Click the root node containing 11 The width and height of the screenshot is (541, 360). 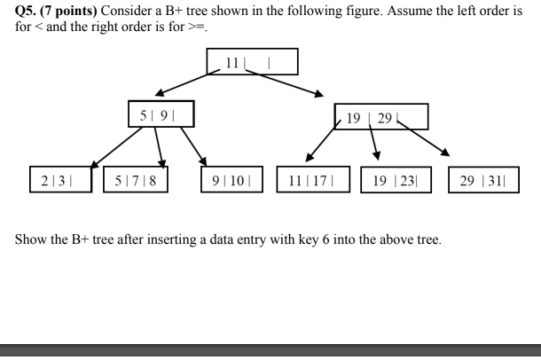tap(252, 62)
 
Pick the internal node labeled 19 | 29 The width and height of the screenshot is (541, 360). tap(381, 116)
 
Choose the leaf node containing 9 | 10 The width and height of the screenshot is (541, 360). tap(233, 179)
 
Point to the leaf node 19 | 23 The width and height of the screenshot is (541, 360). tap(396, 179)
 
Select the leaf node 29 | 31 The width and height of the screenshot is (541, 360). tap(483, 179)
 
